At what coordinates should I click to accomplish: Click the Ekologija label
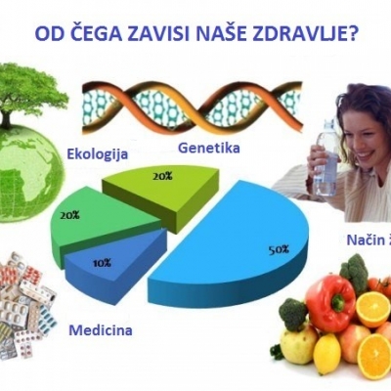[x=100, y=154]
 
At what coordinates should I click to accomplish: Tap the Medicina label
[x=102, y=330]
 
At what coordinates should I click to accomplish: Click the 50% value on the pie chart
[x=279, y=249]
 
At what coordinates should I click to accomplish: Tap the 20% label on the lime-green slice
[x=161, y=176]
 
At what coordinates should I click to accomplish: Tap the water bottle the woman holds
[x=326, y=161]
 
